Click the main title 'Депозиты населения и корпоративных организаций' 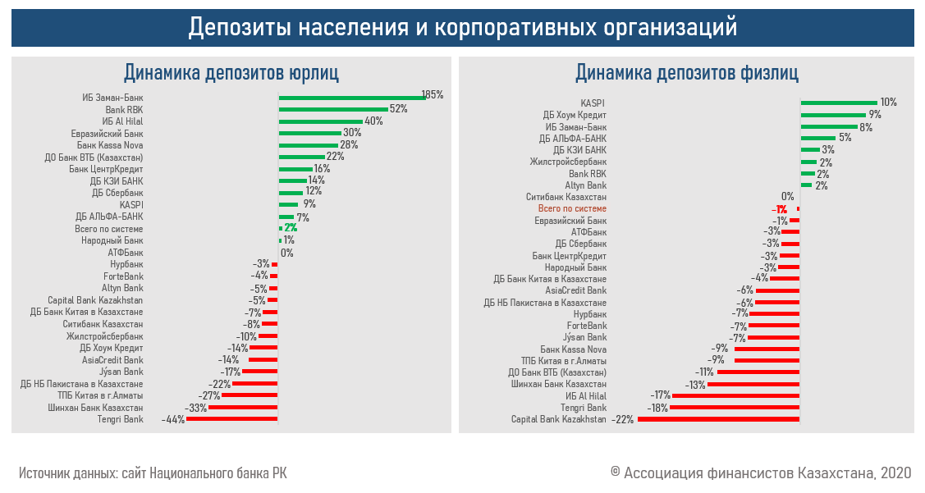(x=462, y=27)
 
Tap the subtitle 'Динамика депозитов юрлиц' (x=231, y=73)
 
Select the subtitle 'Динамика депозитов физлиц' (x=686, y=73)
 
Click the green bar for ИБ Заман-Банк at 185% (x=351, y=97)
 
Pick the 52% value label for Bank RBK (x=399, y=108)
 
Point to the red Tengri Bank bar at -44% (x=232, y=419)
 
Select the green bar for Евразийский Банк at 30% (x=309, y=132)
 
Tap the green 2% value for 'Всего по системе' (x=291, y=228)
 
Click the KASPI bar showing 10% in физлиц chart (x=838, y=103)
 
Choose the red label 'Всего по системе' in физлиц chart (x=572, y=209)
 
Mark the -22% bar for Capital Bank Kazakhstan (x=718, y=419)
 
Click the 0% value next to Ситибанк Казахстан (x=787, y=197)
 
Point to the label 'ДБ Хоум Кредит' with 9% (x=575, y=115)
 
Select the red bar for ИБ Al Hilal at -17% (x=735, y=395)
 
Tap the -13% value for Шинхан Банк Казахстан (x=696, y=384)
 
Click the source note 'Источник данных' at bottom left (x=153, y=473)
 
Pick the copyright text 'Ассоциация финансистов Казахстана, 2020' (x=760, y=473)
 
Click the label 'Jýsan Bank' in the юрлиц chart (x=121, y=372)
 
